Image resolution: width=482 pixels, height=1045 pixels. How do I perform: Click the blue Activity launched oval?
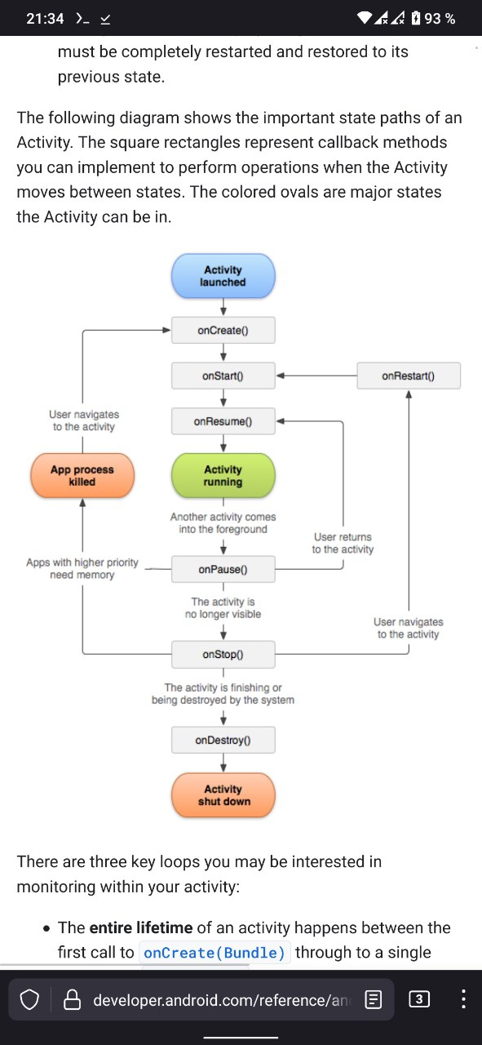[223, 276]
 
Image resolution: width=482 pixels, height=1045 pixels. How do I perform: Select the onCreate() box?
[223, 331]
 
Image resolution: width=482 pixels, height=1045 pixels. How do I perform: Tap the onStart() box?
[223, 376]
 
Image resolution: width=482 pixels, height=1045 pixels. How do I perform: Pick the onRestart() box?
[409, 376]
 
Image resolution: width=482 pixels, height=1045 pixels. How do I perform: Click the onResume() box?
[223, 422]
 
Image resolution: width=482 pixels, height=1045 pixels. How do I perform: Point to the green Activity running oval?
[223, 475]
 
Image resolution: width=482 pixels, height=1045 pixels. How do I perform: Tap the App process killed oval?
[82, 475]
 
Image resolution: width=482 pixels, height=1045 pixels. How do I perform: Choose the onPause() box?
[223, 569]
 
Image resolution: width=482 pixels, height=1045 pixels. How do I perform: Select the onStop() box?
[223, 655]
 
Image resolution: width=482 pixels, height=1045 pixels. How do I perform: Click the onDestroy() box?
[223, 740]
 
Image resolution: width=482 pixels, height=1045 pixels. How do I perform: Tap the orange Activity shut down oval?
[223, 795]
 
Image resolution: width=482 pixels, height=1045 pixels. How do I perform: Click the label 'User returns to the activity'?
[343, 543]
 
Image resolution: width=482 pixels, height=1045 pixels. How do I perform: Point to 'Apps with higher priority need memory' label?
[82, 568]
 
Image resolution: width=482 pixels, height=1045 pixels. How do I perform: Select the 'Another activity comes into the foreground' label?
[223, 523]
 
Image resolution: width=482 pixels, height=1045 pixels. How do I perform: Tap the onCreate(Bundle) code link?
[214, 952]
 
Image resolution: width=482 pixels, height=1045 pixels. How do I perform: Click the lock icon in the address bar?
[72, 1000]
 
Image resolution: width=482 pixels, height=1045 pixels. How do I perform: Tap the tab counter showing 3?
[419, 999]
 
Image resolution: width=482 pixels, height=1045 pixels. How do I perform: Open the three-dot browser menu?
[463, 999]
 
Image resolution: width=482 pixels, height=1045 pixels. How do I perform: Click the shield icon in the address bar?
[29, 1000]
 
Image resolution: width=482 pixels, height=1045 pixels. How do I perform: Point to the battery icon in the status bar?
[416, 18]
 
